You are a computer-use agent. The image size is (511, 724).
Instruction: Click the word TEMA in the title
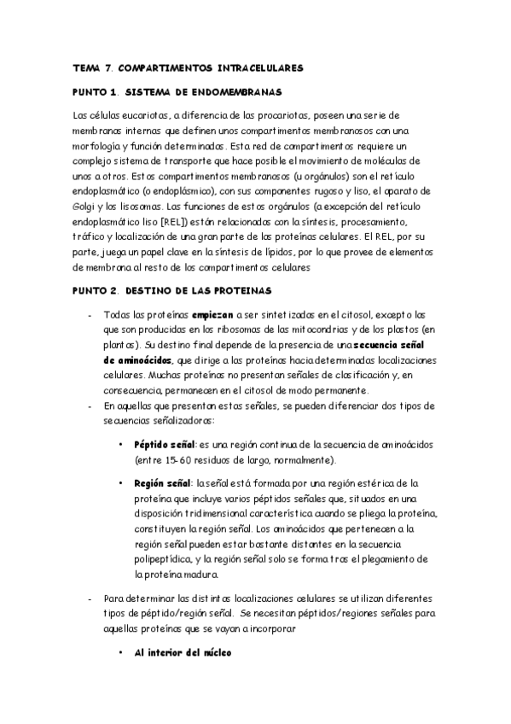click(x=86, y=67)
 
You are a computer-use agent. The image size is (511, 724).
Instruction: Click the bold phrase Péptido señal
click(x=165, y=445)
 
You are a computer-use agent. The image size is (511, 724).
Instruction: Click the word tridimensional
click(x=192, y=514)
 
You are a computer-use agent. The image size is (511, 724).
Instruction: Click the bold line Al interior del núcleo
click(x=182, y=653)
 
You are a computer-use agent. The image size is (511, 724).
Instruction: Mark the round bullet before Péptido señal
click(x=122, y=445)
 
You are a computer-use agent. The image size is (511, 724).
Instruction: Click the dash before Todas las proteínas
click(x=90, y=315)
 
